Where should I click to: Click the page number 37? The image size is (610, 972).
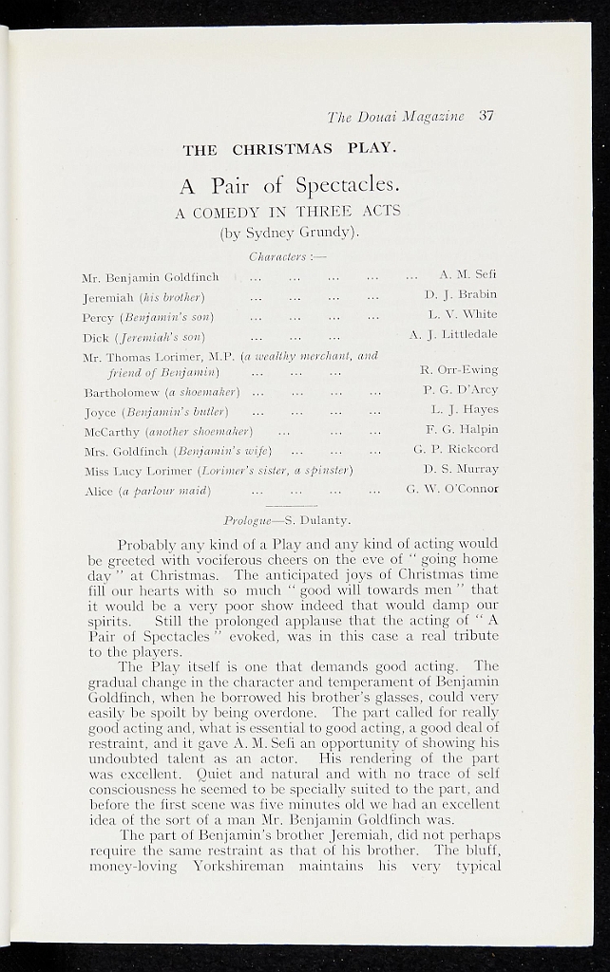(x=486, y=117)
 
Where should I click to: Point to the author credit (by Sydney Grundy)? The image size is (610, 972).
(x=288, y=232)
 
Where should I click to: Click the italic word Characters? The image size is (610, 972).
(x=274, y=256)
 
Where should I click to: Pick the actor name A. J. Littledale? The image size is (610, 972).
(x=453, y=334)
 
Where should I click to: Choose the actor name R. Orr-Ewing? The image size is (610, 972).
(x=459, y=369)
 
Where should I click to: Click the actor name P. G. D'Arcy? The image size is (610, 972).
(x=461, y=389)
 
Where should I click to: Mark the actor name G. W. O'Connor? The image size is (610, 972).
(x=451, y=489)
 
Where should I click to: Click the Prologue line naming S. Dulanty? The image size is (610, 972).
(x=287, y=520)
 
